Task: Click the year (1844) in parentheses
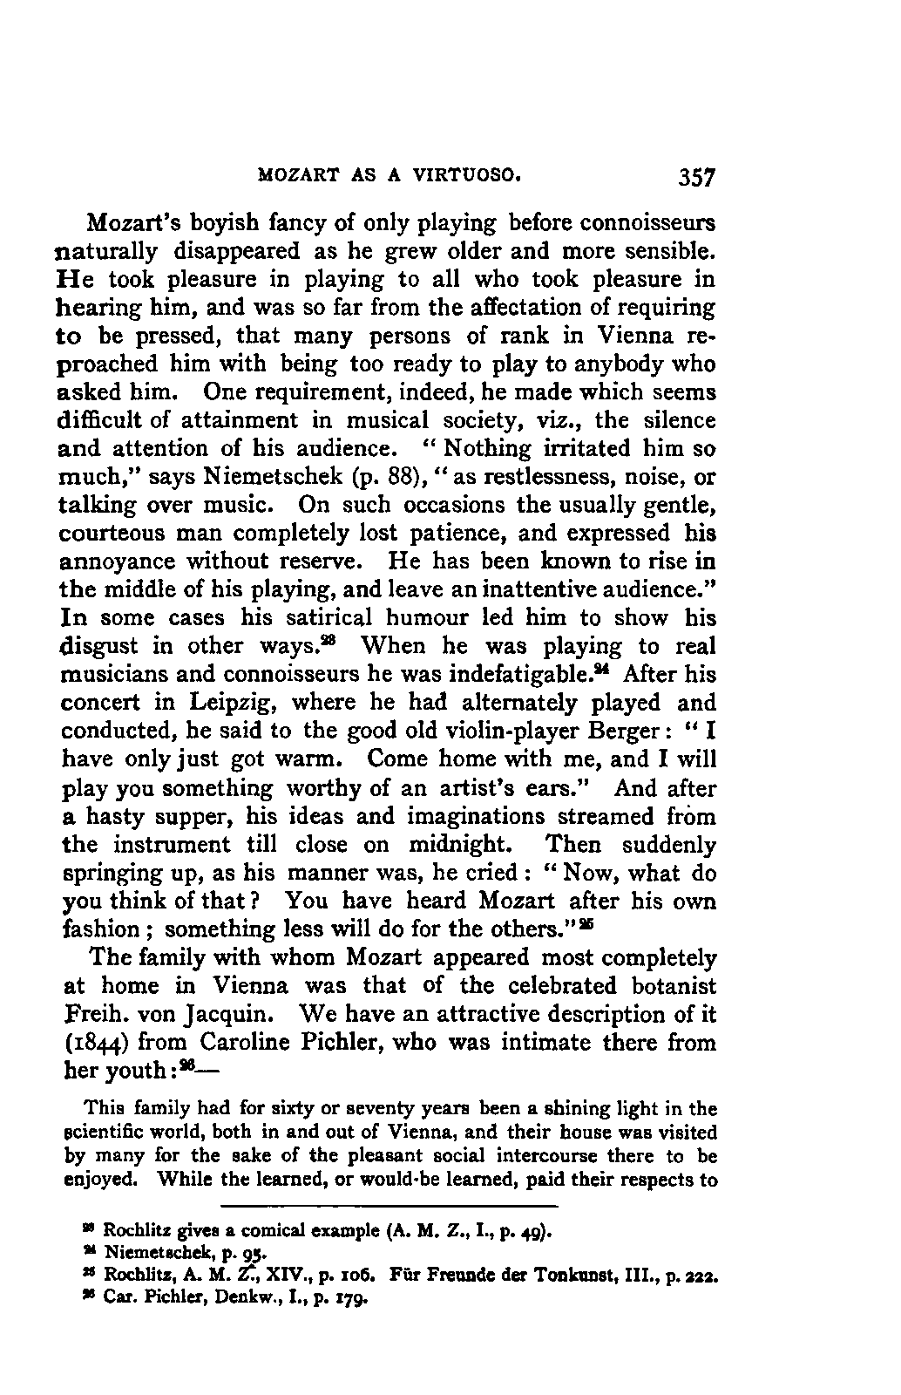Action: coord(95,1043)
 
